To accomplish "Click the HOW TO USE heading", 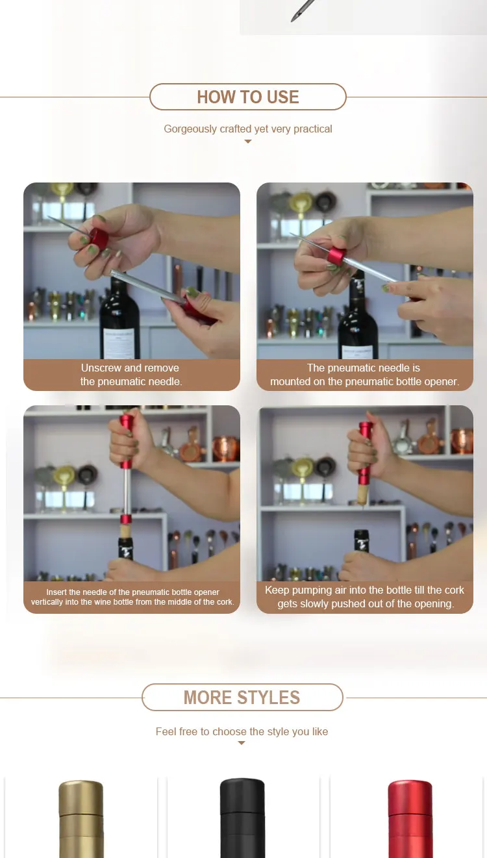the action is [247, 97].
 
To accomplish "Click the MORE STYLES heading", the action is [242, 698].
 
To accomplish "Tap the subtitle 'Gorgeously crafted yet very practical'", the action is [247, 129].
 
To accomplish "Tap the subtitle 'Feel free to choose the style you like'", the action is [242, 731].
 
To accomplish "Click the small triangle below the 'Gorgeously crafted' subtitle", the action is [247, 142].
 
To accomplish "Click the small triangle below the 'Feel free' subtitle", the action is [241, 743].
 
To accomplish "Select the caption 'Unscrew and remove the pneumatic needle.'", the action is [131, 375].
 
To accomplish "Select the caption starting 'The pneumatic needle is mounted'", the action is [364, 375].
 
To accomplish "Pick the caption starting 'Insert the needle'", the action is [132, 597].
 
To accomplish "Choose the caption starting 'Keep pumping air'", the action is [364, 597].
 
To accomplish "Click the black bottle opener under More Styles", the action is [242, 818].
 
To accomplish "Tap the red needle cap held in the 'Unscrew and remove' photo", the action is [99, 238].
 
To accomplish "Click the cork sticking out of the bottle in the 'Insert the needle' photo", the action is [126, 531].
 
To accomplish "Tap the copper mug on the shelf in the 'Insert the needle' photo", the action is [225, 448].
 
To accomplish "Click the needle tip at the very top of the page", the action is [292, 20].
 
